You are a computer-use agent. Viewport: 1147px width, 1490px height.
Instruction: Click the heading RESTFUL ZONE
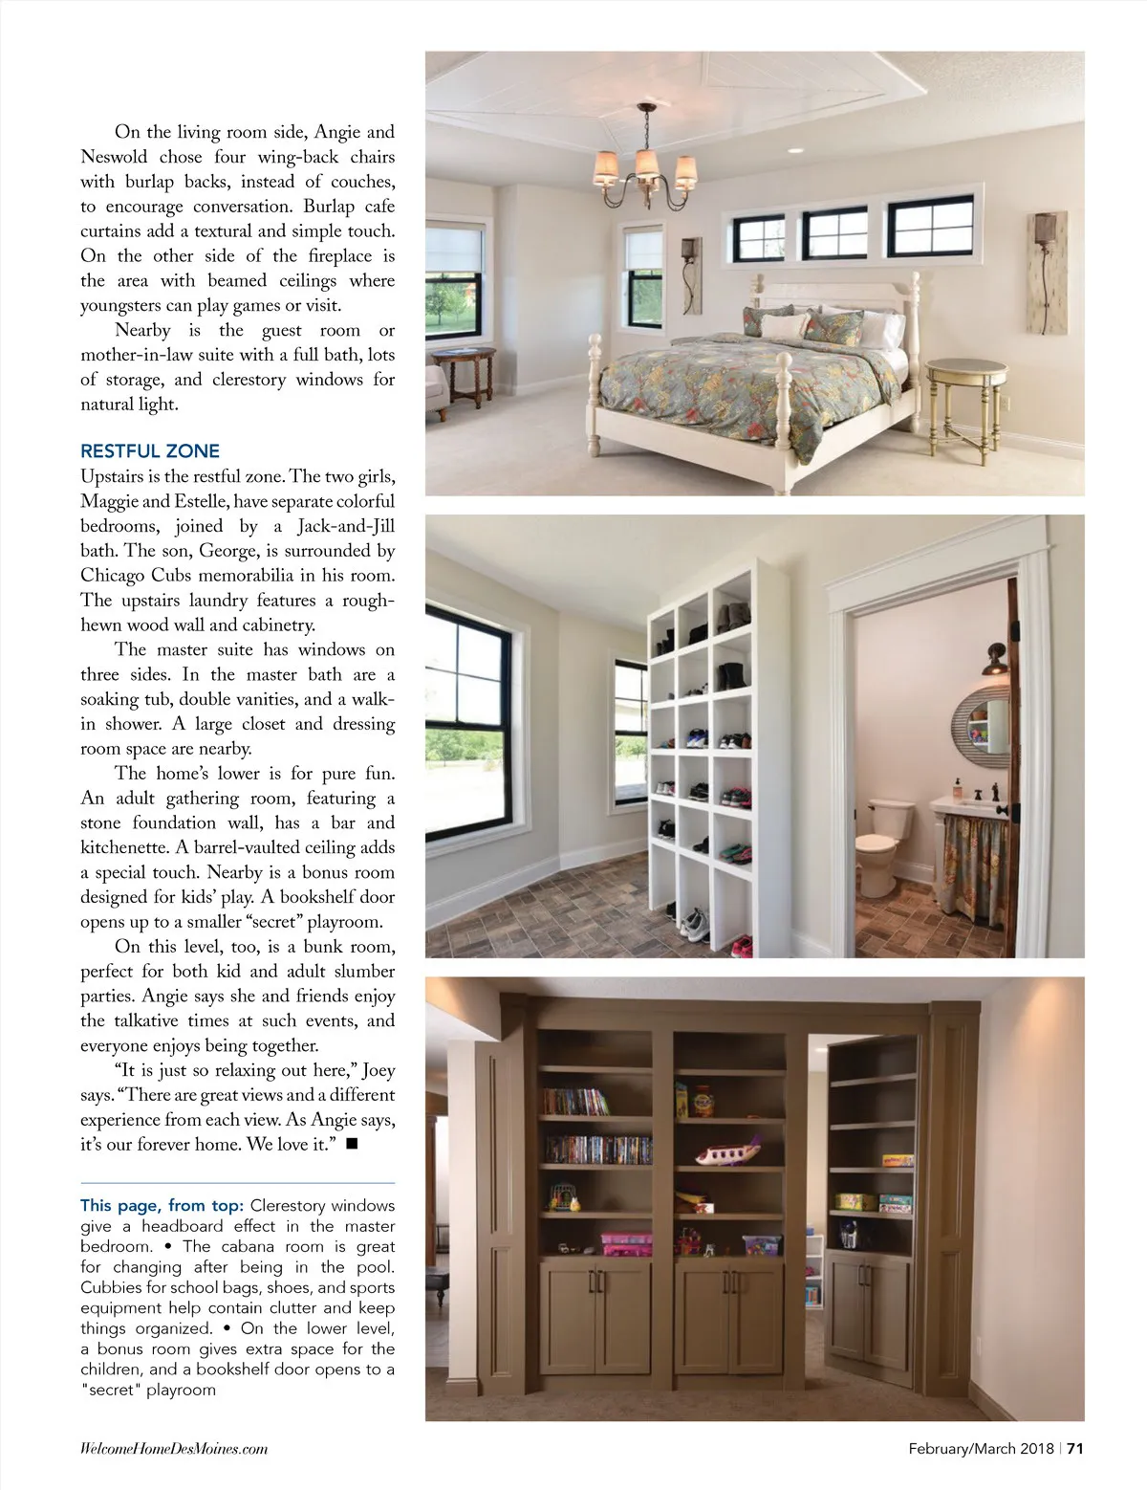[x=150, y=451]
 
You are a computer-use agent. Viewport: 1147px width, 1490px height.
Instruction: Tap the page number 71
[x=1075, y=1448]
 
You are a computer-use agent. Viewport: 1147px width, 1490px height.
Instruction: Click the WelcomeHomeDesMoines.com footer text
[x=174, y=1449]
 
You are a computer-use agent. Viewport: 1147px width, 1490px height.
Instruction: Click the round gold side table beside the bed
[x=965, y=402]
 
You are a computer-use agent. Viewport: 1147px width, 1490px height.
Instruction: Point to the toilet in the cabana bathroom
[x=876, y=842]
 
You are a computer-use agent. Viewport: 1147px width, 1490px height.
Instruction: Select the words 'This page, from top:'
[x=162, y=1206]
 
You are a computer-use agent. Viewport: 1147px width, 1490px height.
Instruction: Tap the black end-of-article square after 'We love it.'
[x=351, y=1144]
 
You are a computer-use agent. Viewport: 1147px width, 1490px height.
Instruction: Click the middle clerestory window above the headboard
[x=834, y=233]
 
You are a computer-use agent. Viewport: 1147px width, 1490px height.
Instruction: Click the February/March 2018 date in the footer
[x=981, y=1448]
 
